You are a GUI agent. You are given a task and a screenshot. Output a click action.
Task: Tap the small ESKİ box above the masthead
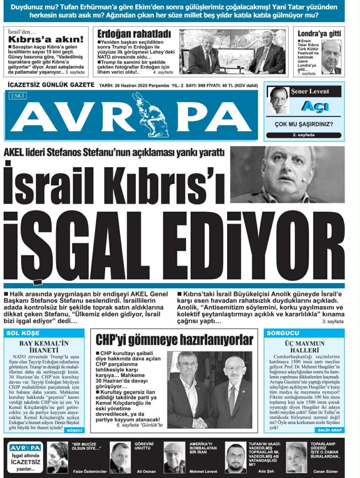click(x=17, y=95)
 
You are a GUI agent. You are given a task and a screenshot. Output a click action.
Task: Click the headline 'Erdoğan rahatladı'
click(x=134, y=34)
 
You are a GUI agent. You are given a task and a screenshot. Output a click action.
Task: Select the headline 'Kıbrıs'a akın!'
click(x=46, y=39)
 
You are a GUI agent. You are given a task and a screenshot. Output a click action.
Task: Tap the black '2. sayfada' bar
click(x=304, y=135)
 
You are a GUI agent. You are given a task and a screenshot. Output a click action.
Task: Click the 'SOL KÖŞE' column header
click(x=23, y=333)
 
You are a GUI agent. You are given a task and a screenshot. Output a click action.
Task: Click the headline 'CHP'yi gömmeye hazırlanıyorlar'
click(x=174, y=340)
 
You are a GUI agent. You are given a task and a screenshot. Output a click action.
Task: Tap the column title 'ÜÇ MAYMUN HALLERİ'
click(x=304, y=347)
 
